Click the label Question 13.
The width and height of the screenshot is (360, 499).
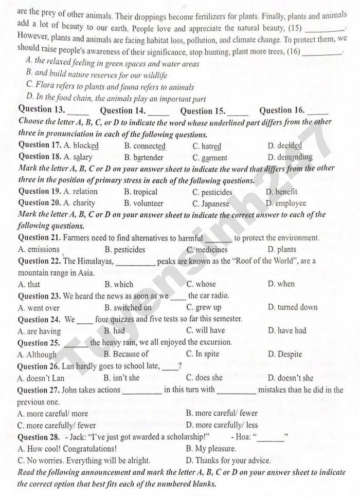tap(42, 109)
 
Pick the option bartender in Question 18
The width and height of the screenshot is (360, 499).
tap(148, 158)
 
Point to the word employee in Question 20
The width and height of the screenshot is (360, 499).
tap(291, 203)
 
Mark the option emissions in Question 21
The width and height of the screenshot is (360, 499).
tap(43, 250)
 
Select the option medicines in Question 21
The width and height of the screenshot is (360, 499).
tap(211, 250)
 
